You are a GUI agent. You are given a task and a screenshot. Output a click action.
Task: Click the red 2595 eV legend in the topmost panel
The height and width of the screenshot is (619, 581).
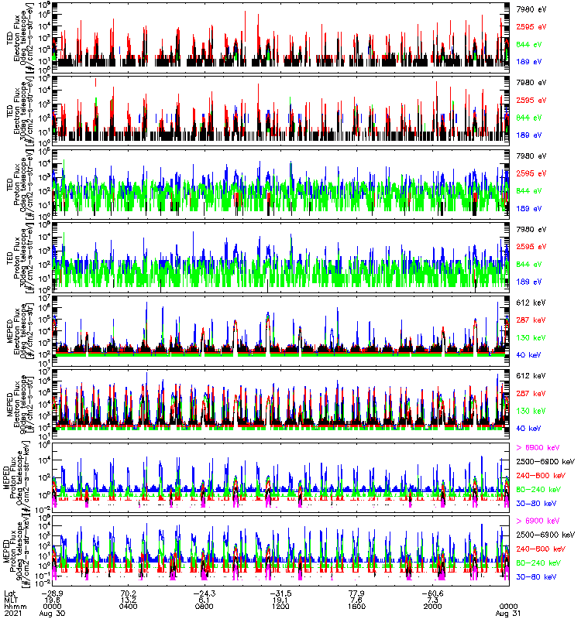click(531, 27)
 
